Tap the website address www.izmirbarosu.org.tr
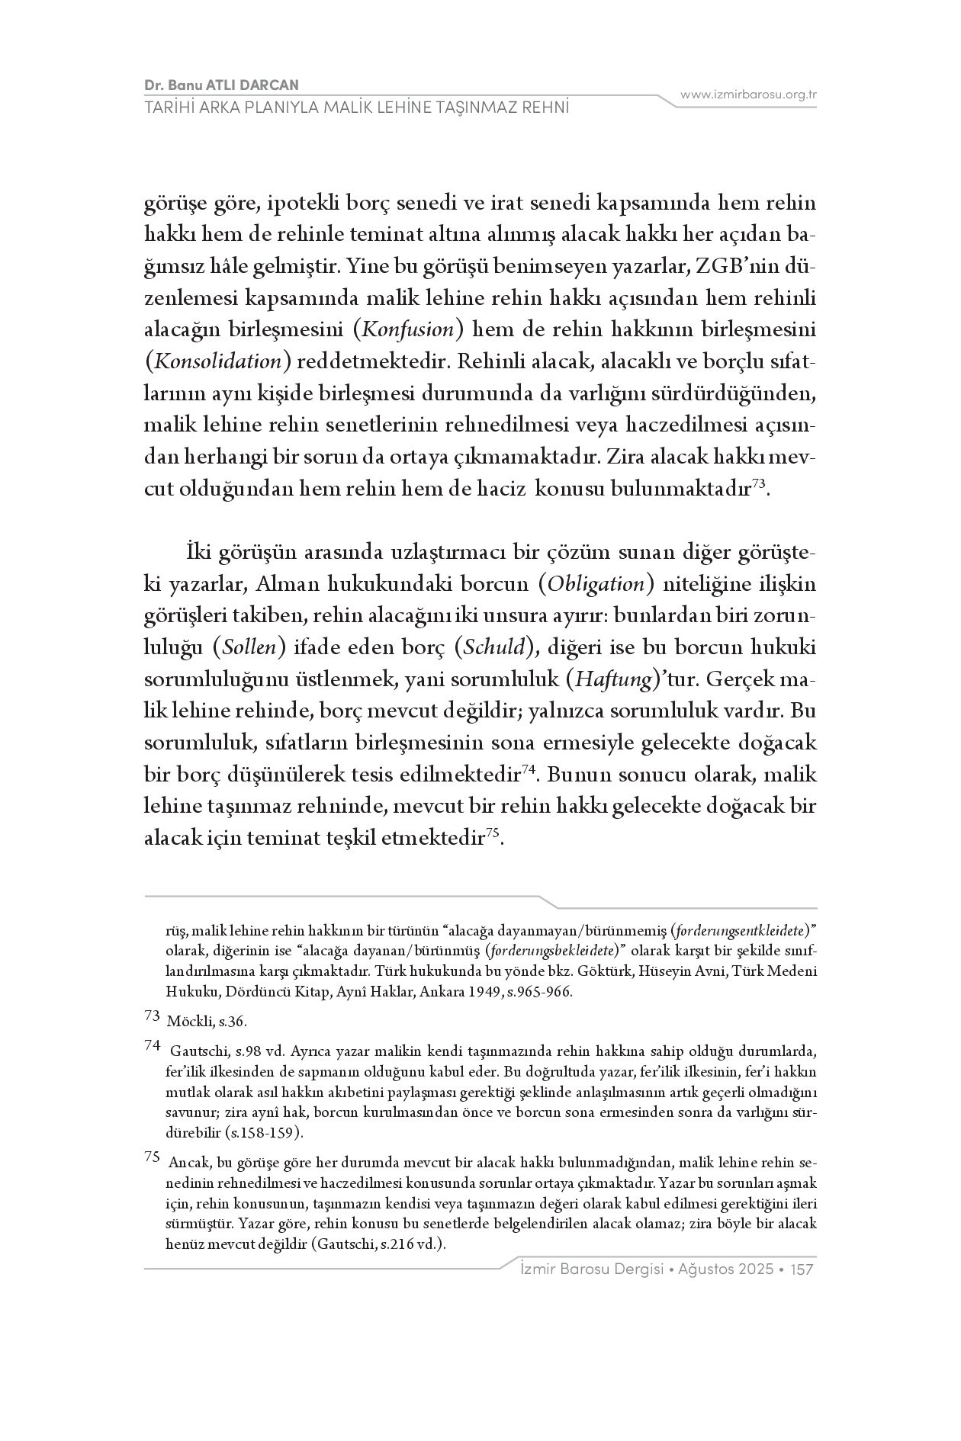749,95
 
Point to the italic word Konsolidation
218,362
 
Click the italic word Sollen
248,648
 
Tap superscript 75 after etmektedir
492,833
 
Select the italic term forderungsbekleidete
554,952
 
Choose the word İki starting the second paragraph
197,552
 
